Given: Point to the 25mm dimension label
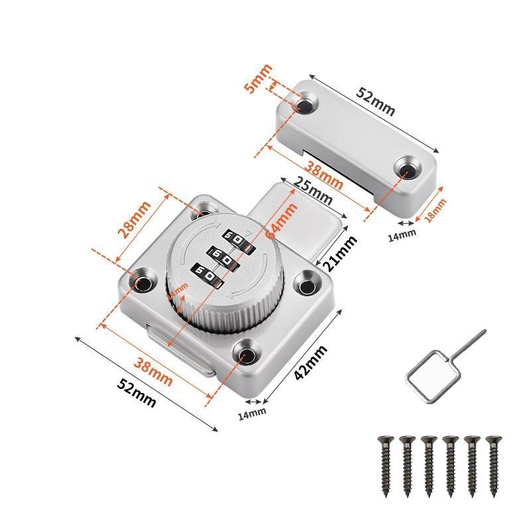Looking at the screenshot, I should [x=313, y=192].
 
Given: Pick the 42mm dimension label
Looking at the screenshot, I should [x=311, y=364].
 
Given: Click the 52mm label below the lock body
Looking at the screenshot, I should [x=136, y=393].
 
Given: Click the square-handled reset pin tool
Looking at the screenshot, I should [x=438, y=368].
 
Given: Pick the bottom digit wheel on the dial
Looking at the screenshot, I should [x=206, y=273].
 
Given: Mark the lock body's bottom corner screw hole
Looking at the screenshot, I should [x=248, y=353].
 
